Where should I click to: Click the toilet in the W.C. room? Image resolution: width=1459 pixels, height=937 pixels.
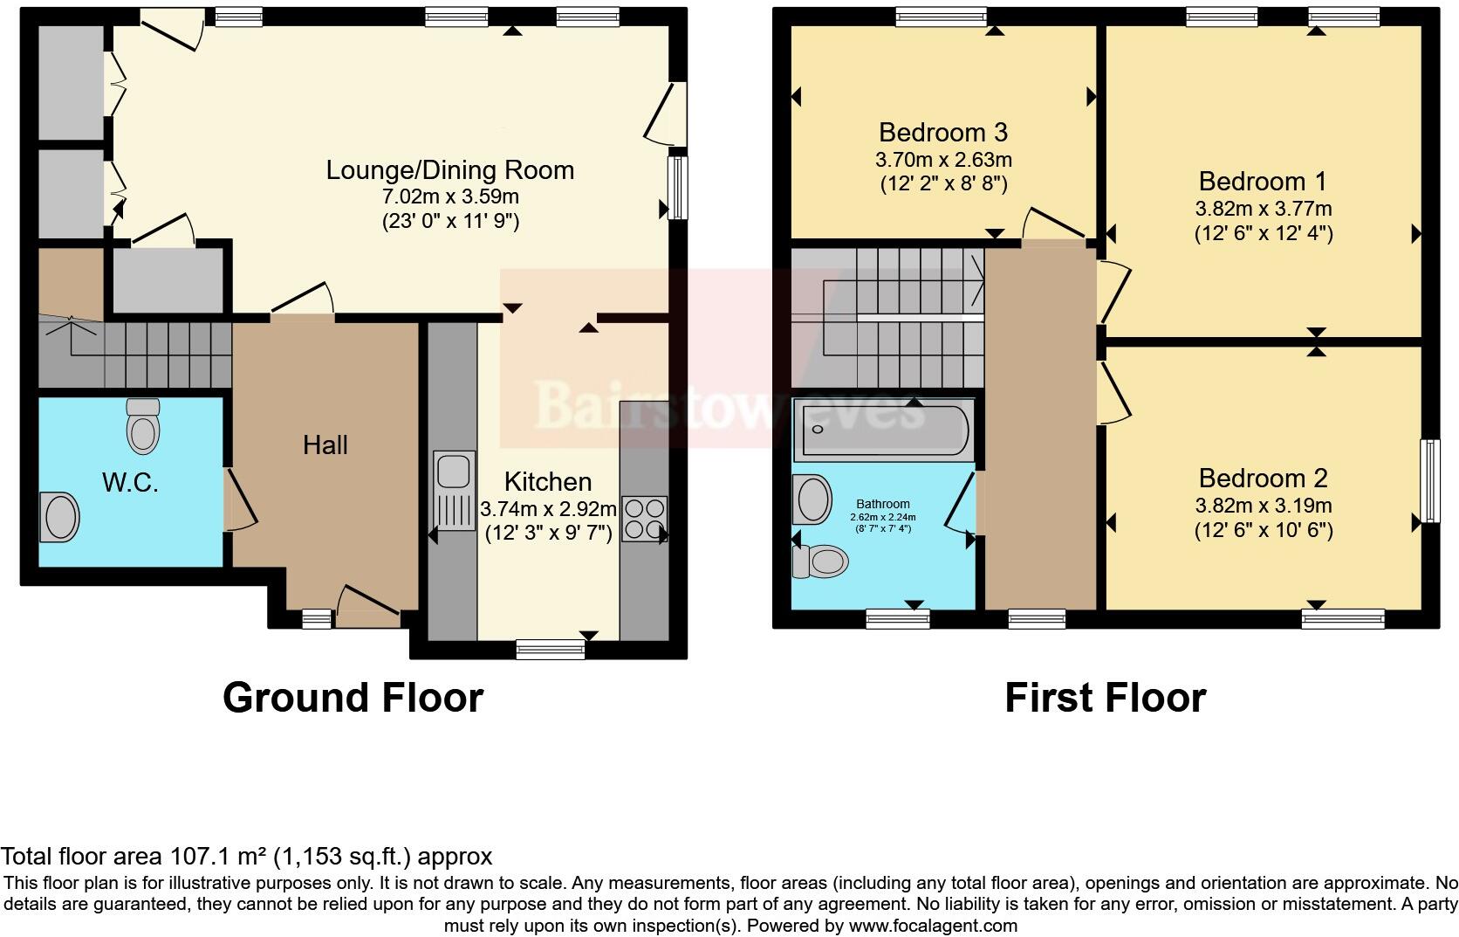pyautogui.click(x=143, y=425)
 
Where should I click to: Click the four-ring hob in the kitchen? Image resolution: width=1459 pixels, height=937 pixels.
pyautogui.click(x=643, y=519)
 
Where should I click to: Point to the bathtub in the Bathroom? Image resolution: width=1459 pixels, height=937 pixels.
pyautogui.click(x=881, y=430)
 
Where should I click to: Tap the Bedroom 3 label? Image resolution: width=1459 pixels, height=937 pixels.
pyautogui.click(x=942, y=133)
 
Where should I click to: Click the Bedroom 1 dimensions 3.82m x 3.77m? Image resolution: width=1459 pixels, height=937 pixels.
pyautogui.click(x=1263, y=209)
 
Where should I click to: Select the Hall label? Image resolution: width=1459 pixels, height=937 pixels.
pyautogui.click(x=325, y=445)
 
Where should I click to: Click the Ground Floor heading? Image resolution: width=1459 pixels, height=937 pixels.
pyautogui.click(x=353, y=698)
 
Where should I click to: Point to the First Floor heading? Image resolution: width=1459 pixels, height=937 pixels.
pyautogui.click(x=1105, y=698)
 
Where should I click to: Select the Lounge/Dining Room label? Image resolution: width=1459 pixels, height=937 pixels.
pyautogui.click(x=450, y=170)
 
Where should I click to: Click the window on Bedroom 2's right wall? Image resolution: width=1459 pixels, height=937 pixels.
pyautogui.click(x=1429, y=480)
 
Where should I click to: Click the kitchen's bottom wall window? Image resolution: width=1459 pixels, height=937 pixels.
pyautogui.click(x=550, y=648)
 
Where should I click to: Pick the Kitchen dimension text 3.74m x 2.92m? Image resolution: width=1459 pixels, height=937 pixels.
pyautogui.click(x=548, y=508)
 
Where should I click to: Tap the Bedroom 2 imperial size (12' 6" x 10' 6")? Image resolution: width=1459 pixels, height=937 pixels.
pyautogui.click(x=1263, y=530)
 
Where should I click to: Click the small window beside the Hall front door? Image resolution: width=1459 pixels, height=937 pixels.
pyautogui.click(x=316, y=619)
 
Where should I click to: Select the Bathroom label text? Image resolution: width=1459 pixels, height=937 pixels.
pyautogui.click(x=882, y=504)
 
